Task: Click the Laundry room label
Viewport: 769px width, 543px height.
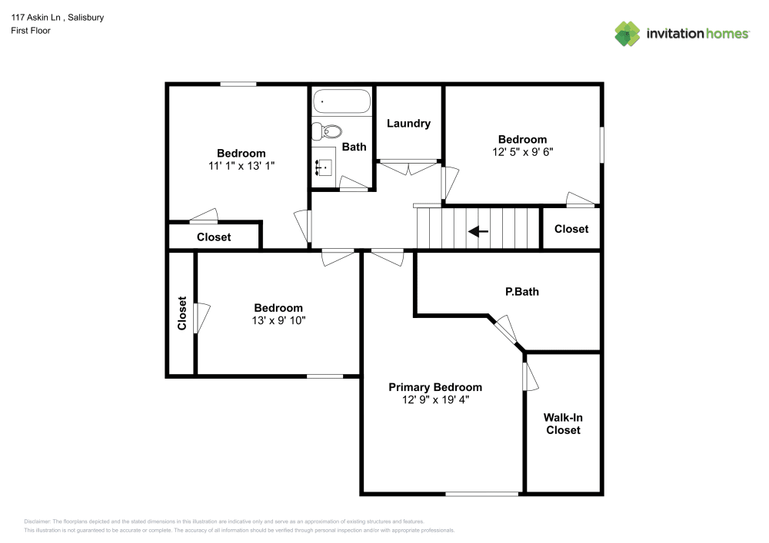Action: tap(408, 124)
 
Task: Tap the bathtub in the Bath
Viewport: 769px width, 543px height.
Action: tap(341, 101)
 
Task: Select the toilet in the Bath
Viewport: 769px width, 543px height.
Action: tap(325, 132)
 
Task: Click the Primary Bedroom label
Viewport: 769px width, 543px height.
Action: tap(434, 387)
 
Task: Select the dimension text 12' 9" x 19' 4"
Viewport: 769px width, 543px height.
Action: tap(434, 399)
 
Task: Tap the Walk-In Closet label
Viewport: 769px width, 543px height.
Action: tap(563, 424)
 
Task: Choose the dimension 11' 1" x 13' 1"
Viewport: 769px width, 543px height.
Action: tap(241, 165)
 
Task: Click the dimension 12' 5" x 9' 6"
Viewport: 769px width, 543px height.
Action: tap(522, 151)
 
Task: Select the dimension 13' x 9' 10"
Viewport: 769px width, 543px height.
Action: tap(278, 320)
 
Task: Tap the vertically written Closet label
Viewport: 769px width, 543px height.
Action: tap(182, 313)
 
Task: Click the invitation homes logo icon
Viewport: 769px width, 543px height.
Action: tap(627, 33)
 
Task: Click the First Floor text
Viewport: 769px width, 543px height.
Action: tap(31, 31)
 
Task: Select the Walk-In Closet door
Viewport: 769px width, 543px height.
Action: tap(530, 376)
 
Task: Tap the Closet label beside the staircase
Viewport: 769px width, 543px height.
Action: tap(571, 229)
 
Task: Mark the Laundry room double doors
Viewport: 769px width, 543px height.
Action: tap(408, 166)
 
